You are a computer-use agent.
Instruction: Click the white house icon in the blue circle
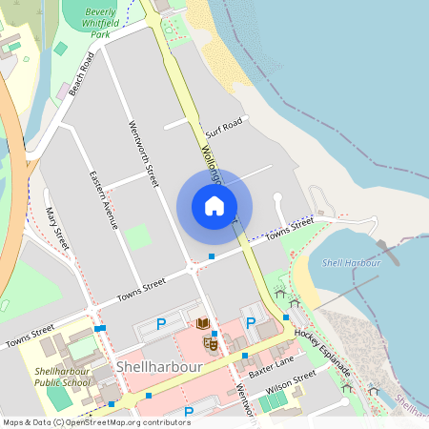(x=214, y=206)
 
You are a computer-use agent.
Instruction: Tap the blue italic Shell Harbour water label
(x=345, y=262)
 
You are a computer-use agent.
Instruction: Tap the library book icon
(x=203, y=324)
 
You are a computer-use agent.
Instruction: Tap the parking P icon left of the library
(x=161, y=325)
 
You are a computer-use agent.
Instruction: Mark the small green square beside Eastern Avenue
(x=139, y=235)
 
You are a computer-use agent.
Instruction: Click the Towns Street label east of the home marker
(x=290, y=229)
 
